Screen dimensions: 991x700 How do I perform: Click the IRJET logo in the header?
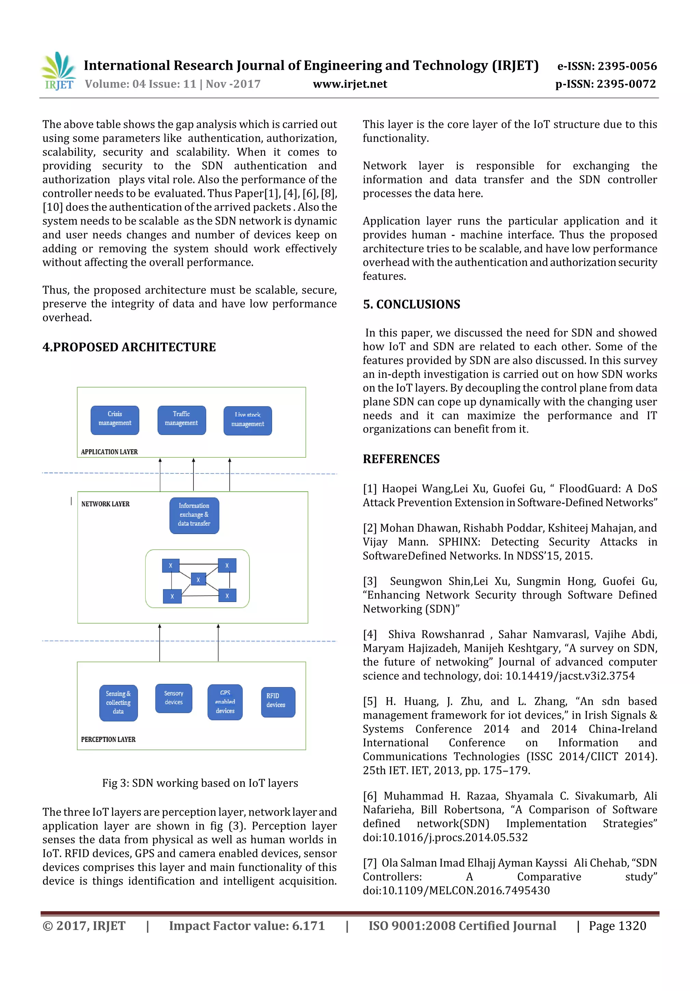point(58,71)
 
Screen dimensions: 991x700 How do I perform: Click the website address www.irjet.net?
point(350,84)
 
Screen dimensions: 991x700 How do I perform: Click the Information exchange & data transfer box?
point(194,515)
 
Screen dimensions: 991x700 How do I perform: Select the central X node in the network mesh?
point(198,580)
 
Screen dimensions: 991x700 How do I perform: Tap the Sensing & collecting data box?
point(118,702)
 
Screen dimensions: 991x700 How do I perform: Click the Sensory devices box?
point(173,698)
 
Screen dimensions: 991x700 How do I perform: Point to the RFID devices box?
point(278,702)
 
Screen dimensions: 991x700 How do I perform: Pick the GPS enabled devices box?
point(225,702)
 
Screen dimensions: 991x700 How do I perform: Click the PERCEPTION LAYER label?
point(108,739)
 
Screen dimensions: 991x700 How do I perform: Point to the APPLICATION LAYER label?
point(109,452)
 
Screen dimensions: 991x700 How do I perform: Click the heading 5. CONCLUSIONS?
point(411,304)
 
